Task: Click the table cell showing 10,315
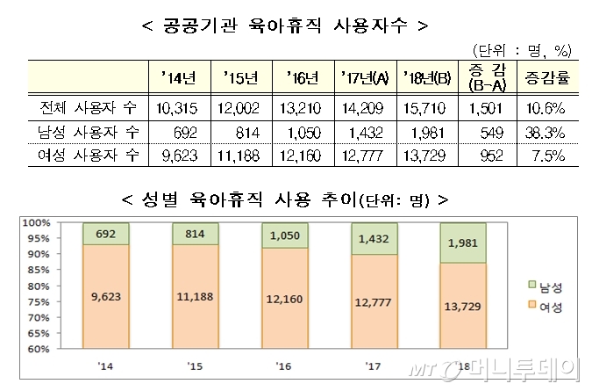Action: [175, 109]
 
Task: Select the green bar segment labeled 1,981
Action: [462, 243]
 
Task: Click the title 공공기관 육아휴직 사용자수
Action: [285, 25]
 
